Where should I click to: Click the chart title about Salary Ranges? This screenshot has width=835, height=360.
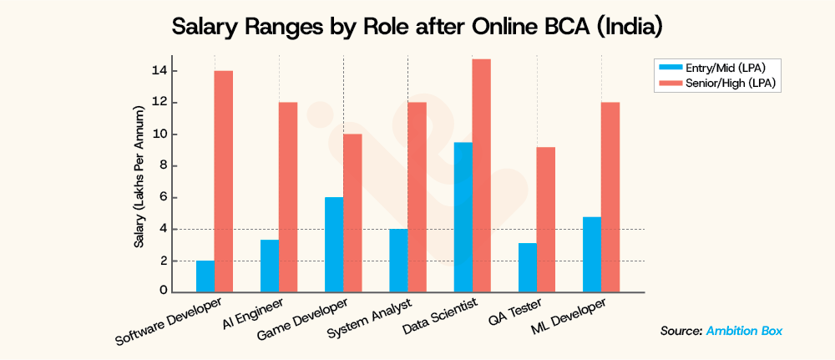pyautogui.click(x=417, y=27)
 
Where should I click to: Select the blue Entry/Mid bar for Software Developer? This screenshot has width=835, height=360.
pyautogui.click(x=205, y=276)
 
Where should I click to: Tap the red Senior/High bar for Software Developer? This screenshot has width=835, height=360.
pyautogui.click(x=223, y=181)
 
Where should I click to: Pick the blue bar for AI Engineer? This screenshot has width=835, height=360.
pyautogui.click(x=270, y=266)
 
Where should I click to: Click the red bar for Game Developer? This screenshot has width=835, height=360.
pyautogui.click(x=353, y=213)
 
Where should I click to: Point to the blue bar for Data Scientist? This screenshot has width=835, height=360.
pyautogui.click(x=463, y=217)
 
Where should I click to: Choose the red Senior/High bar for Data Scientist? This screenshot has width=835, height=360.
pyautogui.click(x=482, y=175)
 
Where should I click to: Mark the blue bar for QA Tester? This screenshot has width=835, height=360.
pyautogui.click(x=527, y=267)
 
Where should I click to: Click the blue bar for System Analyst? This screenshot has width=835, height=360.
pyautogui.click(x=398, y=260)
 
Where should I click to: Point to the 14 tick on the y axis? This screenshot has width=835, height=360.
pyautogui.click(x=159, y=71)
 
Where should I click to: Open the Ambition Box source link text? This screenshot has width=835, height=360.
pyautogui.click(x=744, y=331)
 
